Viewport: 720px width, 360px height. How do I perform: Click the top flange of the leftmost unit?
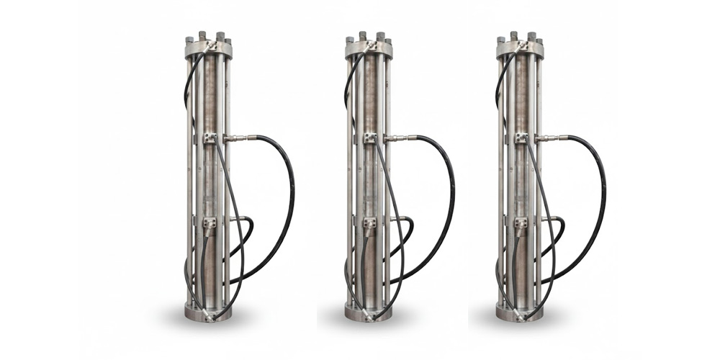click(208, 49)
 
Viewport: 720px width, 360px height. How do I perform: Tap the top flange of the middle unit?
click(369, 49)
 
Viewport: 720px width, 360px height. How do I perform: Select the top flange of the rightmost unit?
click(520, 49)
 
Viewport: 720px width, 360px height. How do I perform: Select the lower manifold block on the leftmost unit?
click(210, 225)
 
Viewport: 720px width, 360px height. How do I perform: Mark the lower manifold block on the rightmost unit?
click(522, 225)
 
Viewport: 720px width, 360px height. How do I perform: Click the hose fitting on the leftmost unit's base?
click(209, 312)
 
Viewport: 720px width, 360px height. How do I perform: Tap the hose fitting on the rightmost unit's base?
click(521, 312)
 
